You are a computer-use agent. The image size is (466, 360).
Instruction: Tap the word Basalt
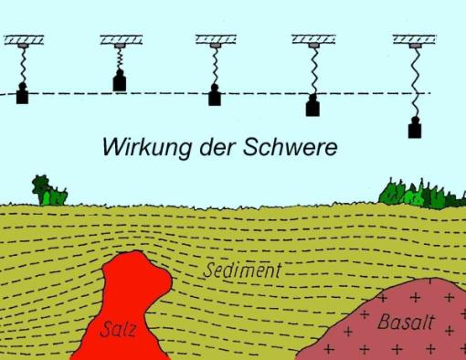point(405,323)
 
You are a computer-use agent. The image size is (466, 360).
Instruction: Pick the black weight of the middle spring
point(215,95)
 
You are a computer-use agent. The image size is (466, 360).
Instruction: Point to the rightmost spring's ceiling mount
point(413,40)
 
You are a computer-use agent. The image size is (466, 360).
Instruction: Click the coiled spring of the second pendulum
point(120,59)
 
